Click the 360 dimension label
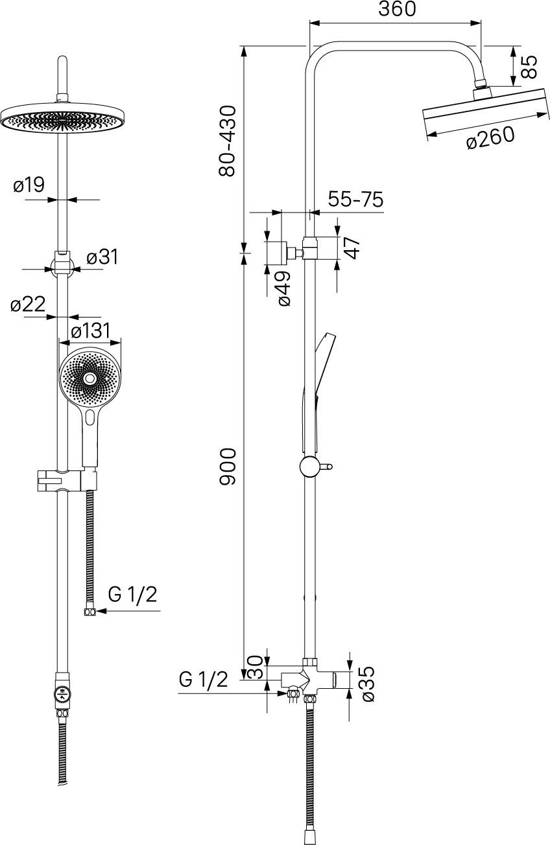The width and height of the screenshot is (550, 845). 397,9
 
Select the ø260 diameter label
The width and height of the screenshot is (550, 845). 490,138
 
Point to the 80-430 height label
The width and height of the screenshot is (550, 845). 227,141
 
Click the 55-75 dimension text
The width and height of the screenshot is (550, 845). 355,199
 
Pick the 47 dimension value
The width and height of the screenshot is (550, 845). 352,248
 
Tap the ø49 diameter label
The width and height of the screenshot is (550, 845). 284,288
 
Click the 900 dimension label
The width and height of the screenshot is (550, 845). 227,467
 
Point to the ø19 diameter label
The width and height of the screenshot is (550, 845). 29,185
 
